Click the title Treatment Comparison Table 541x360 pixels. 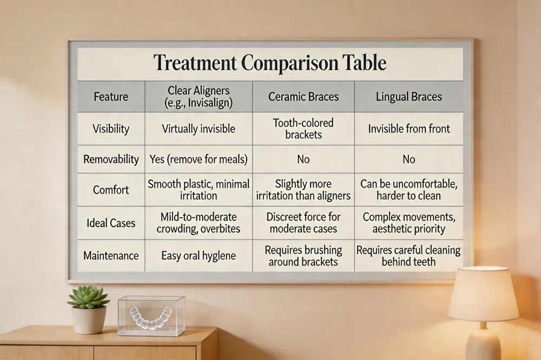pos(270,63)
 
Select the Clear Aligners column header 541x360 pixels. pos(199,97)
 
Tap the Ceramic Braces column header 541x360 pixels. pos(304,97)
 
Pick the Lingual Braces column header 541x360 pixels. pos(409,97)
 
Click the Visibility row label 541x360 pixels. pos(111,129)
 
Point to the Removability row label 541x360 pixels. pos(111,159)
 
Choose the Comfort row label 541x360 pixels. pos(111,190)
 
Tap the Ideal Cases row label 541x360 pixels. pos(111,223)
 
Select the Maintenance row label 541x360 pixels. pos(111,256)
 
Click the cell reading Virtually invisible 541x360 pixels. pos(199,129)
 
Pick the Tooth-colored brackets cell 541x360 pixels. pos(304,129)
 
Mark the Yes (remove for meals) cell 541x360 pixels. pos(199,159)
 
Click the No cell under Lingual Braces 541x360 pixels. pos(409,159)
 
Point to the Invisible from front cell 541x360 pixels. pos(409,129)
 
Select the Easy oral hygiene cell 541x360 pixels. pos(199,256)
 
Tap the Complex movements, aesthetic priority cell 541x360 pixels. pos(409,223)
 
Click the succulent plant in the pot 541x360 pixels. pos(88,297)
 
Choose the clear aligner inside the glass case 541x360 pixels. pos(150,318)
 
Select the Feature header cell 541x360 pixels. pos(111,97)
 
